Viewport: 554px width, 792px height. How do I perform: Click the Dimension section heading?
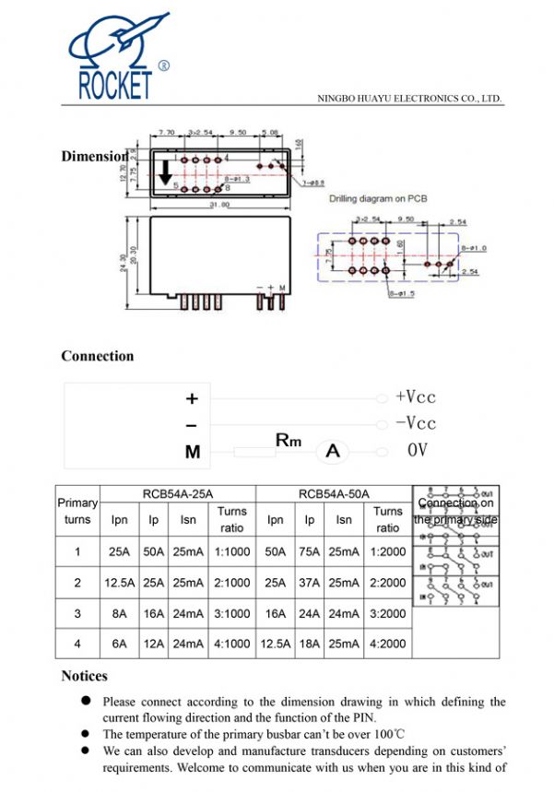93,156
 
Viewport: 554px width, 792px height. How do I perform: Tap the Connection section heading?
98,356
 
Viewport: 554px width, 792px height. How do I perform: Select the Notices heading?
85,676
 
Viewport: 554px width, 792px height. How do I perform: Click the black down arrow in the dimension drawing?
166,170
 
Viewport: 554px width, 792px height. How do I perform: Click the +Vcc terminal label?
415,397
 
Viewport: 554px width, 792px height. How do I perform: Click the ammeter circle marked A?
334,451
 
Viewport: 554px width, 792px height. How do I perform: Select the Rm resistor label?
289,441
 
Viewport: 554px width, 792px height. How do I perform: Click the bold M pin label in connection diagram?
192,452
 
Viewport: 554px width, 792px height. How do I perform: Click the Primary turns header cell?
77,511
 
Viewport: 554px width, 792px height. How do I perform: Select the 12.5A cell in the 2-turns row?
119,583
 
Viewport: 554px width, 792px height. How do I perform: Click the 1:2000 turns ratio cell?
387,552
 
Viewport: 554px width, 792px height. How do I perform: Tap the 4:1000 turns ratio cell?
231,644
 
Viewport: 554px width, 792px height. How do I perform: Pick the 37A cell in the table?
310,583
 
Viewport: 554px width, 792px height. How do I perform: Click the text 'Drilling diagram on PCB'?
379,198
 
